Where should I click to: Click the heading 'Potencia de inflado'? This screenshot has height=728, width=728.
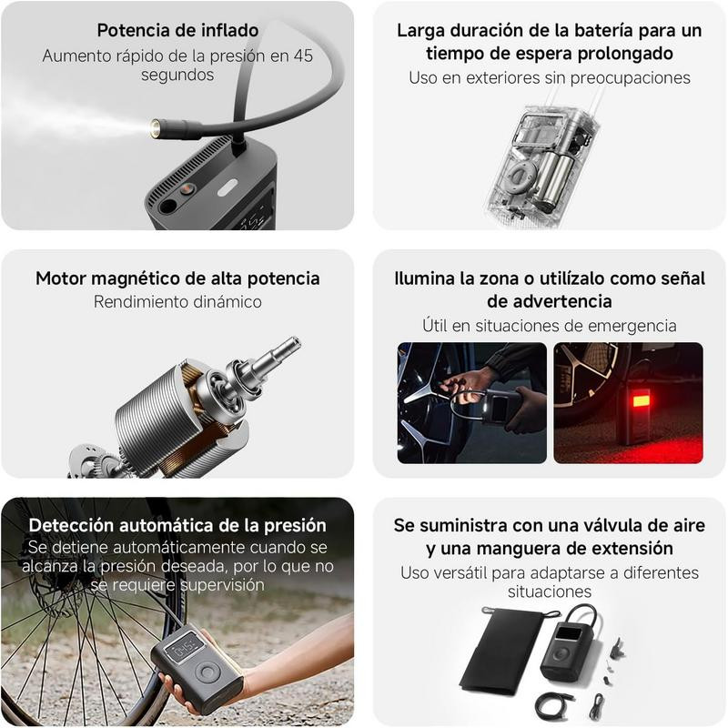177,30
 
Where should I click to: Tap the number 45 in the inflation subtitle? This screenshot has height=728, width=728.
303,56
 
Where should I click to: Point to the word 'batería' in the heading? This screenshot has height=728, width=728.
603,30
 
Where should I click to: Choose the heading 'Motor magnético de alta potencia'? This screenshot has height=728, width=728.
177,278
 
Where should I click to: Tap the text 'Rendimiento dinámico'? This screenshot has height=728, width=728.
177,302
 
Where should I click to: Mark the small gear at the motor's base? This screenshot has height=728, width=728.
88,460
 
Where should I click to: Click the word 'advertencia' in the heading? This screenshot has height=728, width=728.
550,301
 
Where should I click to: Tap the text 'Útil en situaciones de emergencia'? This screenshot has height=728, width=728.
550,326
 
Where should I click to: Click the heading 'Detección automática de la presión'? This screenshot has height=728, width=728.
177,525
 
